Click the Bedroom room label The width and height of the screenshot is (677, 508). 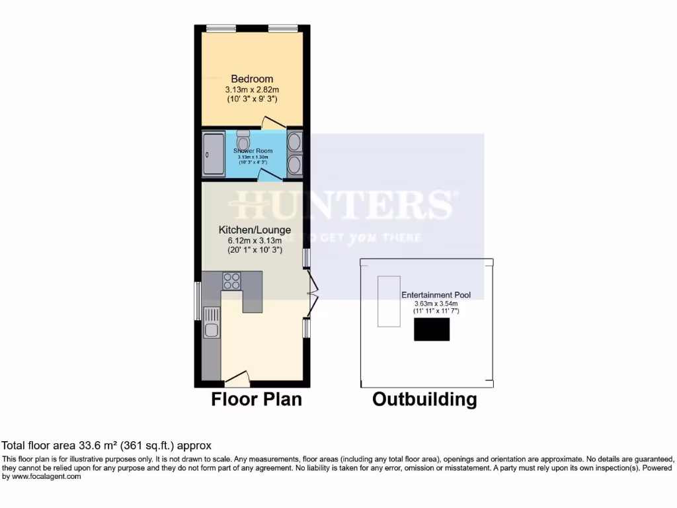tap(252, 79)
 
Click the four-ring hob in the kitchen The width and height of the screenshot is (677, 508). tap(231, 281)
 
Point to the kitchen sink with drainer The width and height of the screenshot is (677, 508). tap(212, 322)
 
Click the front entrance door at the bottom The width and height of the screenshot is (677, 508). tap(237, 378)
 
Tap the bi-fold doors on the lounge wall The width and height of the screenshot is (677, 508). tap(313, 294)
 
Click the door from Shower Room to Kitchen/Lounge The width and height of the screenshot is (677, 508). tap(267, 175)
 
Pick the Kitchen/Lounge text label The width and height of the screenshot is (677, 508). tap(255, 230)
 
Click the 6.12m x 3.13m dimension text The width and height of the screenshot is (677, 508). tap(255, 241)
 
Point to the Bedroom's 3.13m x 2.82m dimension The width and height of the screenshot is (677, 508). tap(252, 89)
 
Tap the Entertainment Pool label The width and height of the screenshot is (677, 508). tap(436, 295)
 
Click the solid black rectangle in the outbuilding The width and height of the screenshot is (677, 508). tap(432, 329)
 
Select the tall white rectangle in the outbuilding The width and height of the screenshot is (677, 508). tap(389, 301)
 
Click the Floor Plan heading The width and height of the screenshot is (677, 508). tap(256, 400)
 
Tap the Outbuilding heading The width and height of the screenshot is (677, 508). tap(424, 400)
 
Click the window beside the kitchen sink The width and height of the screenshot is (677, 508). tap(198, 302)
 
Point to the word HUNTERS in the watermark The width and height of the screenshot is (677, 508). tap(344, 206)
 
